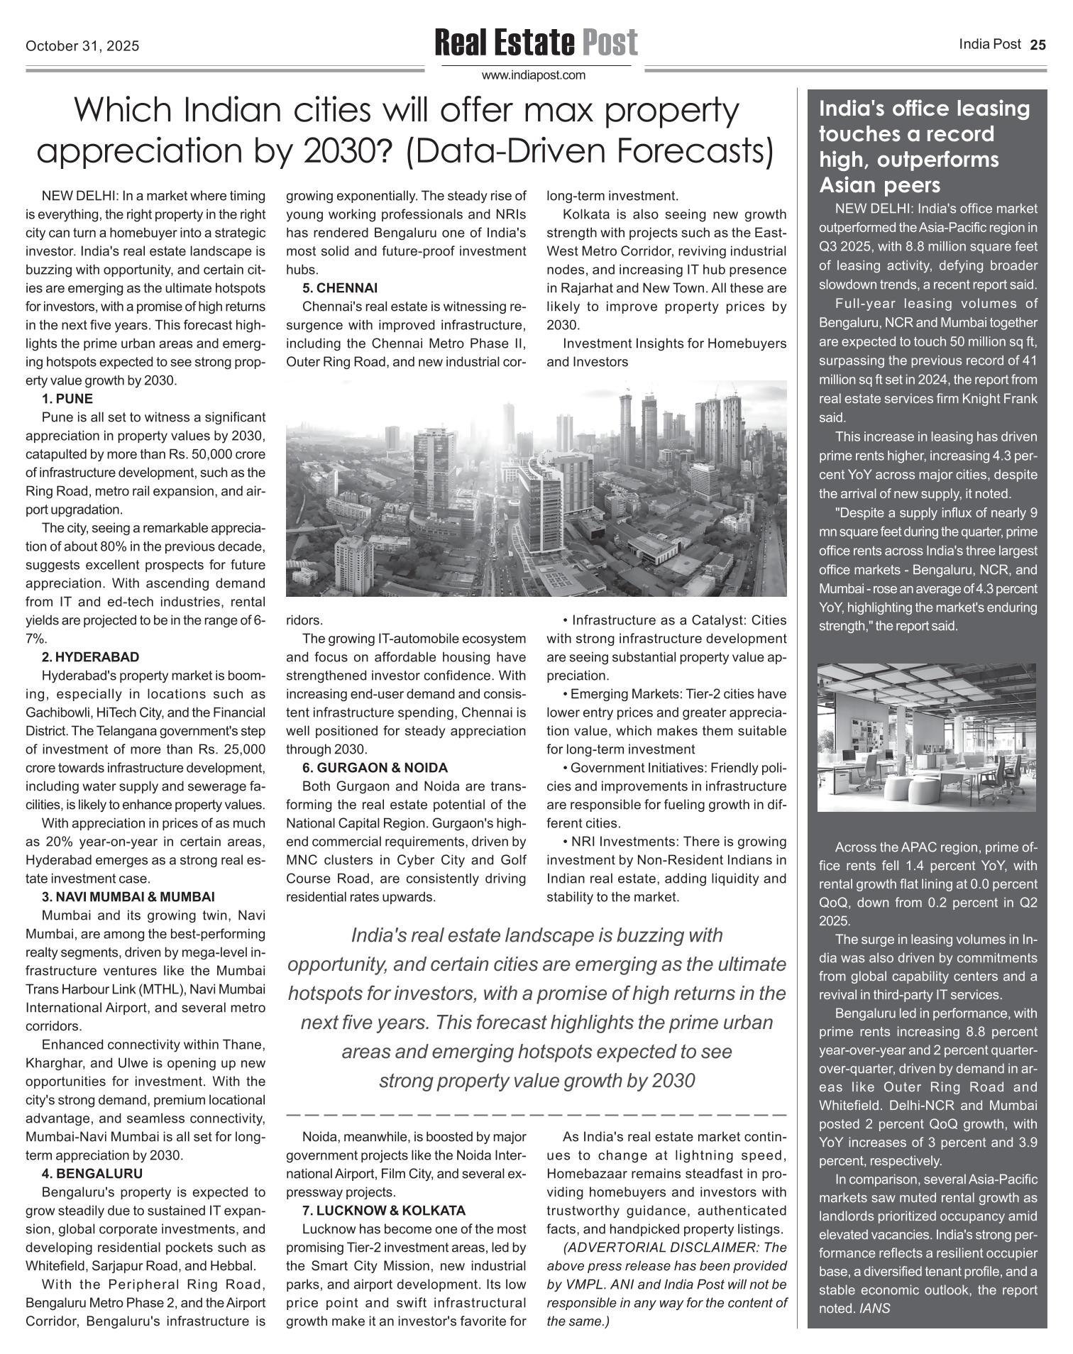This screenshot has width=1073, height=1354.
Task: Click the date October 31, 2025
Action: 82,47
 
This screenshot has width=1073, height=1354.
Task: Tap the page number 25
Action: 1038,45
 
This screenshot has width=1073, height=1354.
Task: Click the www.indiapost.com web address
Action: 534,75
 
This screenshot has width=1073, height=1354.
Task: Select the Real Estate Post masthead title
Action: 536,43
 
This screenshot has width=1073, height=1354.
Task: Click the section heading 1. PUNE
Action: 67,399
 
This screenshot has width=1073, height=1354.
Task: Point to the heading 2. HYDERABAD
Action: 90,657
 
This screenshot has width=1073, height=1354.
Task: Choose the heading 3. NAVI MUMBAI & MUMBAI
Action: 128,897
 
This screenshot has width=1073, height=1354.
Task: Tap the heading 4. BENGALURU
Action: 92,1174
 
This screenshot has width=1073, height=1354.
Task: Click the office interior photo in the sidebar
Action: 927,737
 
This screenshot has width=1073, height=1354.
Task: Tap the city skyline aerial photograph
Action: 536,488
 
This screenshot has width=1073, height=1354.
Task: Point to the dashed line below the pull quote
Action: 536,1115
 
